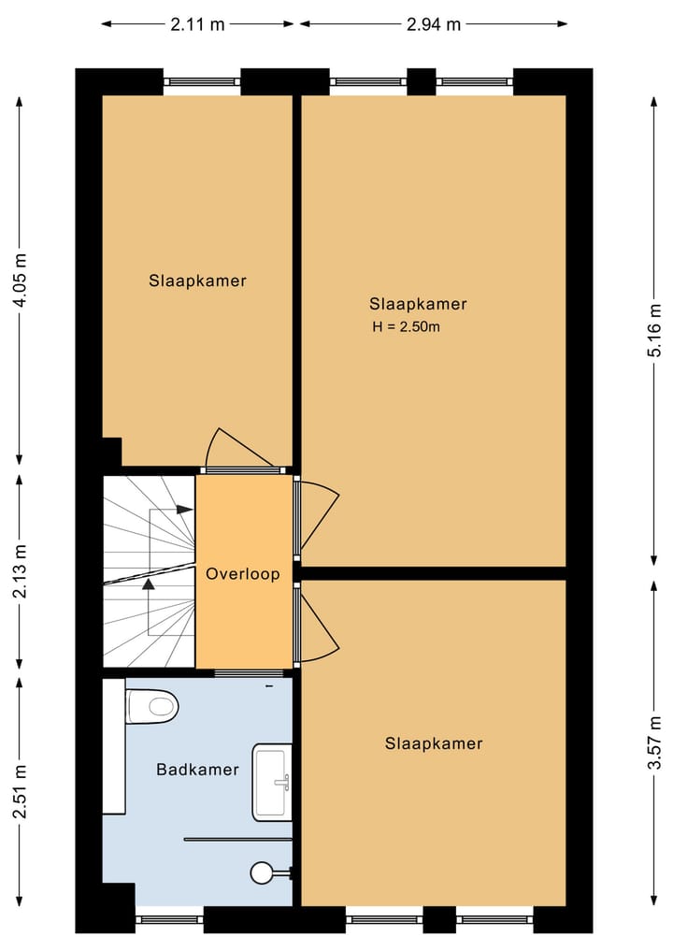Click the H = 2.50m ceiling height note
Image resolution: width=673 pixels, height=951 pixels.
click(x=406, y=327)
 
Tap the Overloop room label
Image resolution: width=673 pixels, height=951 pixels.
click(x=243, y=574)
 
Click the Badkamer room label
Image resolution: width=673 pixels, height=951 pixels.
click(x=197, y=771)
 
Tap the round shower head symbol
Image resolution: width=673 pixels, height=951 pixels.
click(x=261, y=873)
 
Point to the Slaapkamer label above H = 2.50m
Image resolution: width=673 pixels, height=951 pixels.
click(x=418, y=304)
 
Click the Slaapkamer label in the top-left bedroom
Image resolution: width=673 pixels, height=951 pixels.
click(x=197, y=281)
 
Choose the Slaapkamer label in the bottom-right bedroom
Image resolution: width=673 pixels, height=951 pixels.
click(x=434, y=743)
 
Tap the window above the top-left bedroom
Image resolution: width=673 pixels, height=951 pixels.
click(x=202, y=81)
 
